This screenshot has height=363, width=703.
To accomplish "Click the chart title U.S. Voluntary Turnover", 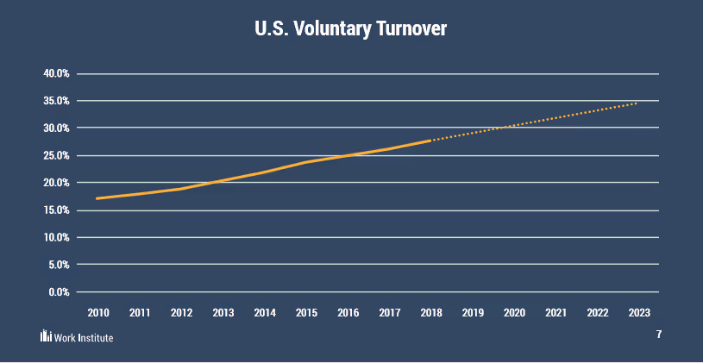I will [351, 28].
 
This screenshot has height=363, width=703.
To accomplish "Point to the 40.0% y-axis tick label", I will [56, 73].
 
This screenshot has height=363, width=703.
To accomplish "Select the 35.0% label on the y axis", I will [56, 101].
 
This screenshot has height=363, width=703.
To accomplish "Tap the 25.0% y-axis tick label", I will [56, 155].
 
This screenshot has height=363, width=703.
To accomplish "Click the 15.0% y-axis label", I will [56, 210].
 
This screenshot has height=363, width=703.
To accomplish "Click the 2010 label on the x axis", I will [97, 312].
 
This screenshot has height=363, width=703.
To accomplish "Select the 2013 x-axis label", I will [223, 312].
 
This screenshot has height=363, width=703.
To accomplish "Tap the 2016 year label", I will [348, 312].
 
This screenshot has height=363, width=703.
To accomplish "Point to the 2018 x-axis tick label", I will [430, 312].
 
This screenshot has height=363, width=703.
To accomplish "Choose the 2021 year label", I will [555, 312].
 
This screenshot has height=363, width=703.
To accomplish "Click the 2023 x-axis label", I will [639, 312].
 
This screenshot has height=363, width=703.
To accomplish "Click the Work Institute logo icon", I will [46, 336].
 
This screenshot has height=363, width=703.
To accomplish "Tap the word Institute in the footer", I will [95, 337].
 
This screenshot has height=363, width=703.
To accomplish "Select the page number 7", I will [658, 335].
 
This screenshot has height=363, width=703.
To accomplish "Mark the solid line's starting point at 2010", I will [97, 198].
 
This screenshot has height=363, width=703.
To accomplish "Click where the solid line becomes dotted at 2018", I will [430, 140].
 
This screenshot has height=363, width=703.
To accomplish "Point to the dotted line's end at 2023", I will [638, 103].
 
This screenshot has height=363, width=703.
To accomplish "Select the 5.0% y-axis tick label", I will [59, 265].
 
